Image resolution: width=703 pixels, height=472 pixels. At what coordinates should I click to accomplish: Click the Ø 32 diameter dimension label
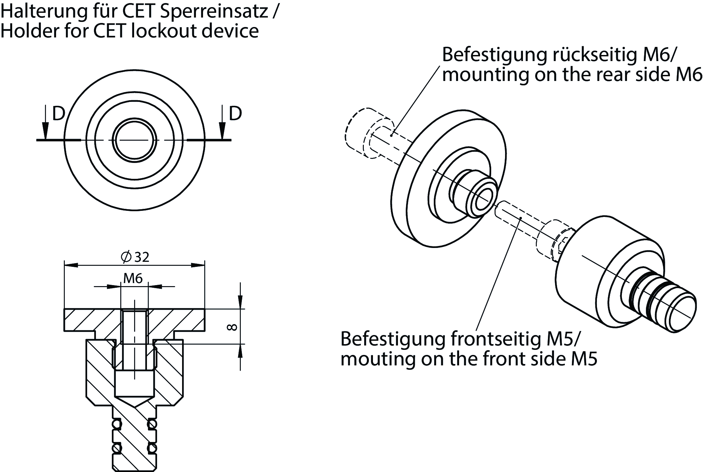pyautogui.click(x=135, y=257)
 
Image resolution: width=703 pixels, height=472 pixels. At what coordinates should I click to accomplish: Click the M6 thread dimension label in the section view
pyautogui.click(x=133, y=278)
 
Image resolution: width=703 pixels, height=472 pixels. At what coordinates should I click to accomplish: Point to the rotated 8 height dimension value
pyautogui.click(x=232, y=327)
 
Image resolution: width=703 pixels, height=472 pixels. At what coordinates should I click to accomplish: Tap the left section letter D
pyautogui.click(x=58, y=114)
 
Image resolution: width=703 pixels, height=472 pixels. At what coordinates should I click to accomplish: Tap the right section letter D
pyautogui.click(x=235, y=114)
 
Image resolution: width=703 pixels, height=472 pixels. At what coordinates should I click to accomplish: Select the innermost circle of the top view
pyautogui.click(x=135, y=140)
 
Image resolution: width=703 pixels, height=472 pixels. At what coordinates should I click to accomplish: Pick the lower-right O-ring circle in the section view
pyautogui.click(x=153, y=458)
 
